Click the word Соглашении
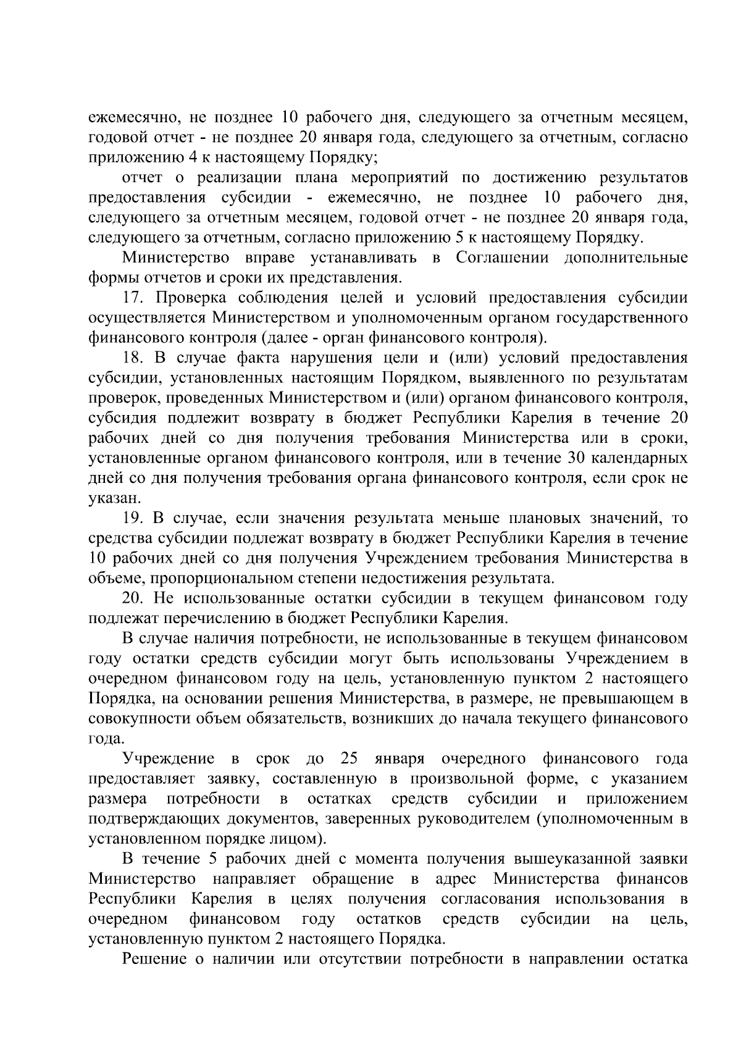pyautogui.click(x=502, y=258)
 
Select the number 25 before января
pyautogui.click(x=350, y=758)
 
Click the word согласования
pyautogui.click(x=491, y=899)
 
